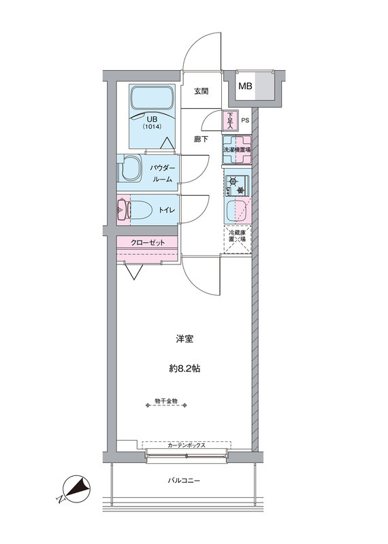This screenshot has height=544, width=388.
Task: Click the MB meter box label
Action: click(x=245, y=86)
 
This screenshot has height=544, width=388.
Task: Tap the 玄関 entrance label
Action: click(x=201, y=92)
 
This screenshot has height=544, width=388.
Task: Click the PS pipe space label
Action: click(x=245, y=121)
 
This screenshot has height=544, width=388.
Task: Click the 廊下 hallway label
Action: click(x=201, y=139)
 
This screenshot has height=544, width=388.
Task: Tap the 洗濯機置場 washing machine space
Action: click(x=237, y=150)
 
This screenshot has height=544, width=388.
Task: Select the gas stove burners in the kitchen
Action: click(x=236, y=185)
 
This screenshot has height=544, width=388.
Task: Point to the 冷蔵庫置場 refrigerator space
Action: click(x=238, y=240)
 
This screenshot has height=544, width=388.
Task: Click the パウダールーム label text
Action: click(x=161, y=173)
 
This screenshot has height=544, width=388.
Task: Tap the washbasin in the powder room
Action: click(x=130, y=167)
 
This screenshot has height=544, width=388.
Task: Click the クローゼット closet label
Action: click(x=148, y=243)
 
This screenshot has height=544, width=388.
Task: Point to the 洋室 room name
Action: click(x=184, y=339)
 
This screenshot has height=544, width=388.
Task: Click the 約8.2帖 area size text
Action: click(x=184, y=369)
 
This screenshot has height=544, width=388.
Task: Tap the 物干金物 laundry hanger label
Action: click(x=166, y=401)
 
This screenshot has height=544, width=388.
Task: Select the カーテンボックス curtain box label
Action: click(x=187, y=445)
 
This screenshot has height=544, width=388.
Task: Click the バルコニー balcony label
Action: click(x=184, y=481)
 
